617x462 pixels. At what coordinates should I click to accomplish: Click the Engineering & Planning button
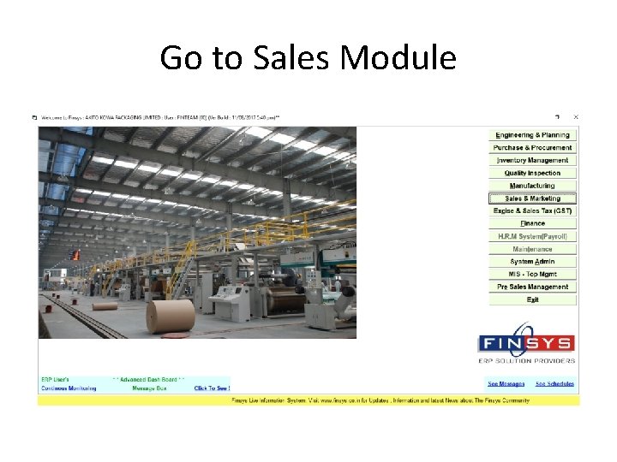[x=532, y=135]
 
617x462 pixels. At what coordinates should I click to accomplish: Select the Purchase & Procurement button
[x=532, y=148]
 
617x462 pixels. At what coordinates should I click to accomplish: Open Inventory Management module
[x=532, y=160]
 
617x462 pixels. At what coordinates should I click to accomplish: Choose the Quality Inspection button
[x=532, y=173]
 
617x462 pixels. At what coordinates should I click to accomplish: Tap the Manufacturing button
[x=532, y=186]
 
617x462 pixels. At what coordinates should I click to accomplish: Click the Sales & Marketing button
[x=532, y=198]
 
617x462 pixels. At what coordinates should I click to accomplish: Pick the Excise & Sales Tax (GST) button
[x=532, y=210]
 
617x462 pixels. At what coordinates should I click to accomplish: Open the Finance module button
[x=532, y=223]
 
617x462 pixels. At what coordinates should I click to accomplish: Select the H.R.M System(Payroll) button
[x=532, y=236]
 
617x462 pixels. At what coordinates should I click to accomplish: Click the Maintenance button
[x=532, y=249]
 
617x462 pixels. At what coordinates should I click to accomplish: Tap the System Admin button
[x=532, y=261]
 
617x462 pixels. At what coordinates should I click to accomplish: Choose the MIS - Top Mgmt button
[x=532, y=274]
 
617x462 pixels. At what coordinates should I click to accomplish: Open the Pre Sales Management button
[x=532, y=287]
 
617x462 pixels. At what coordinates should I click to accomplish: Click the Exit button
[x=532, y=299]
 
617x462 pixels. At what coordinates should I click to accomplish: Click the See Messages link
[x=506, y=384]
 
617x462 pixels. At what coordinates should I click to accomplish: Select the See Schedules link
[x=554, y=384]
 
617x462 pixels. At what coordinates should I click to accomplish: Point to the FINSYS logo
[x=525, y=345]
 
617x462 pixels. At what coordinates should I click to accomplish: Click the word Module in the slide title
[x=398, y=58]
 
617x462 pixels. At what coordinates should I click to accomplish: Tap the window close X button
[x=576, y=117]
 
